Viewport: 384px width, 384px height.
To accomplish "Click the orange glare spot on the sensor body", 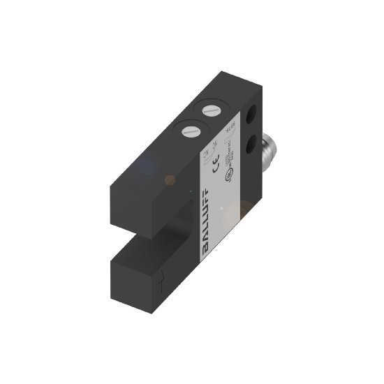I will [170, 180].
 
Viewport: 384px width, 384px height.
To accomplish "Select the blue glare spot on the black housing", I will [146, 167].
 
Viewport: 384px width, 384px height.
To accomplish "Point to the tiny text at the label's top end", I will [230, 128].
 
